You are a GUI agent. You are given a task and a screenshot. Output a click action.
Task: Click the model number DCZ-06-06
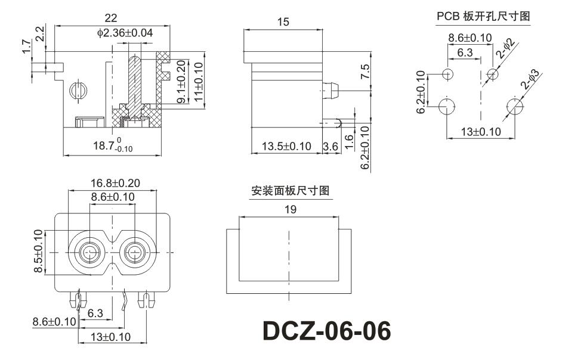point(327,331)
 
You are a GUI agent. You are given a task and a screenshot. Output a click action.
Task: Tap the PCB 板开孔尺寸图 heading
point(483,17)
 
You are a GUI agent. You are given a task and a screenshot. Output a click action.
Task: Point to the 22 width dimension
point(110,17)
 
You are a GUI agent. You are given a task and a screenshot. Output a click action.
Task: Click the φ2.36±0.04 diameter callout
point(125,33)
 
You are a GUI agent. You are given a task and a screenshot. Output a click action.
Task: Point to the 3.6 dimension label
point(330,147)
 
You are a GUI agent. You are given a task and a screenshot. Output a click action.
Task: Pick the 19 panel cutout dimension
point(291,209)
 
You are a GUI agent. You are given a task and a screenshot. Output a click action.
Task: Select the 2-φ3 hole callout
point(529,80)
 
